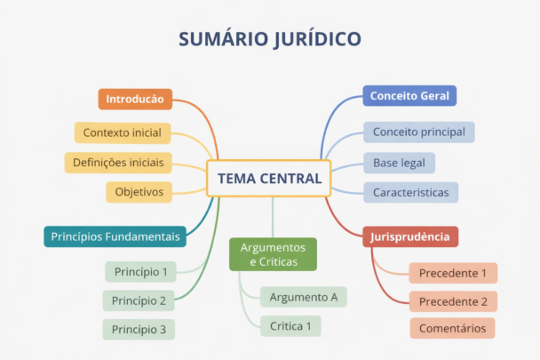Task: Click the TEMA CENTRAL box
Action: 269,179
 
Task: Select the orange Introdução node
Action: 135,99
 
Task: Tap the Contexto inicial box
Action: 122,133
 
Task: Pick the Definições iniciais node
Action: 118,163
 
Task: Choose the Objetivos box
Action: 139,192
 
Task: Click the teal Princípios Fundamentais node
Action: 115,236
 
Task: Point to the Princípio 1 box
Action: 139,271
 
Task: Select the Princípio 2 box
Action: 139,300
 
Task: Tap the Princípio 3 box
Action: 139,329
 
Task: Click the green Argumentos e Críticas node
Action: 273,254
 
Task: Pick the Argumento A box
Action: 303,297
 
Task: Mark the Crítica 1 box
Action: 290,326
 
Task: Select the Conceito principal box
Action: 418,132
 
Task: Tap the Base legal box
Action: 399,163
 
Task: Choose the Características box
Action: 410,192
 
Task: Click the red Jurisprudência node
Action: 410,236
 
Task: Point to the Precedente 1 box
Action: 453,273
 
